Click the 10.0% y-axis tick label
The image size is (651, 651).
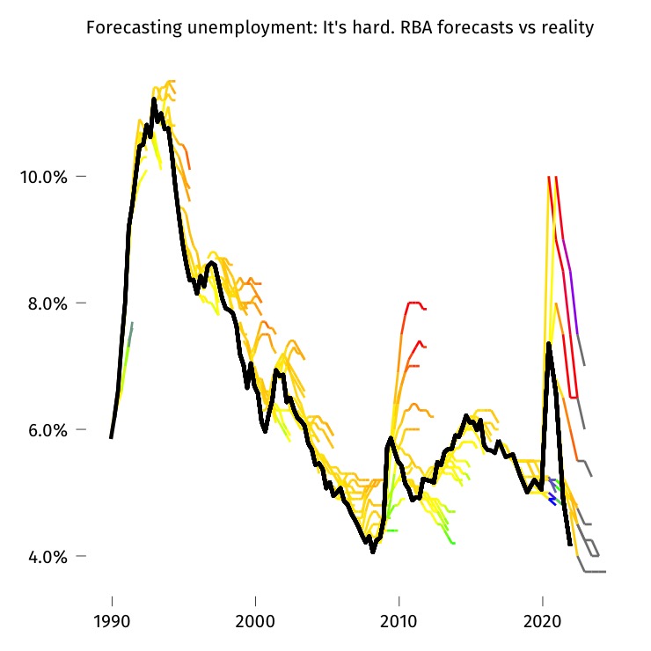pyautogui.click(x=43, y=177)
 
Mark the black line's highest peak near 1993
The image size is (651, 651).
pyautogui.click(x=154, y=99)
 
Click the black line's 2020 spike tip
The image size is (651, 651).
pyautogui.click(x=548, y=344)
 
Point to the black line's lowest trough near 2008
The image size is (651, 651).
pyautogui.click(x=373, y=552)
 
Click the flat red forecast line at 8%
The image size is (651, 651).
pyautogui.click(x=413, y=303)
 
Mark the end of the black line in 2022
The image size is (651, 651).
pyautogui.click(x=570, y=545)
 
